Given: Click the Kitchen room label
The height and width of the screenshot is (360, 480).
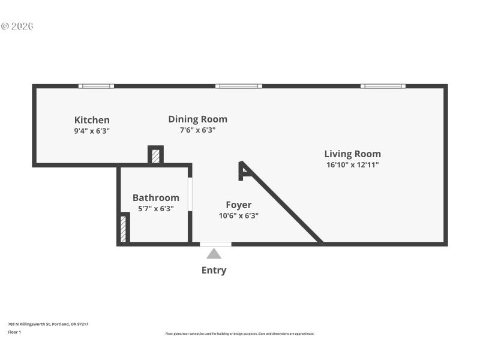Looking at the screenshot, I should coord(92,120).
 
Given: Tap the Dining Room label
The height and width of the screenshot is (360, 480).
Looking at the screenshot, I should coord(197,119).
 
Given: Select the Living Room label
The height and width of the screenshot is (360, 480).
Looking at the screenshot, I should coord(352,154).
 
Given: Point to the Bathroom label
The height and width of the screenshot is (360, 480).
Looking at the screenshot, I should coord(155,197).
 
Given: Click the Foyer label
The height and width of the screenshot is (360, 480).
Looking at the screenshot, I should coord(238,205).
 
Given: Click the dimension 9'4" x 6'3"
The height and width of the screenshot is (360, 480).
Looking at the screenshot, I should coord(92,130).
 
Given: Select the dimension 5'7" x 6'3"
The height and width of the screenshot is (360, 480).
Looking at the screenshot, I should coord(155,208).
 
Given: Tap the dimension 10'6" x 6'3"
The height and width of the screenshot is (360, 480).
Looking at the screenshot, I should coord(239,215).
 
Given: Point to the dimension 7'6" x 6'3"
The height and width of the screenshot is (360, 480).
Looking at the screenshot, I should coord(197,130).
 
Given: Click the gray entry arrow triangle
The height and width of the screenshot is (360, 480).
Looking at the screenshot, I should coord(214,254).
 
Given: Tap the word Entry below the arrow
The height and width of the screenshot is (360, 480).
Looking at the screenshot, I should coord(214,270).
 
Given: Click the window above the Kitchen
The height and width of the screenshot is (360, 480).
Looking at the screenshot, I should coord(97,86).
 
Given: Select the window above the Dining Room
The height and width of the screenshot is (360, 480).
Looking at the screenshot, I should coord(239,86).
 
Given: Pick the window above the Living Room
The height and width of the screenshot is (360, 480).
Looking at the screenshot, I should coord(383,86).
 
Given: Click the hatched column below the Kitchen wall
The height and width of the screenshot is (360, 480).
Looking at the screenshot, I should coord(155,156).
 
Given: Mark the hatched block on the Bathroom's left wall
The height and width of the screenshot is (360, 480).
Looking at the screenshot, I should coord(124,229).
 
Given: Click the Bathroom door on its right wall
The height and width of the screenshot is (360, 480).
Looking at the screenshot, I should coord(190,194).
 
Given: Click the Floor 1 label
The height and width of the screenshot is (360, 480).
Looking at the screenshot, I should coord(14,332).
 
